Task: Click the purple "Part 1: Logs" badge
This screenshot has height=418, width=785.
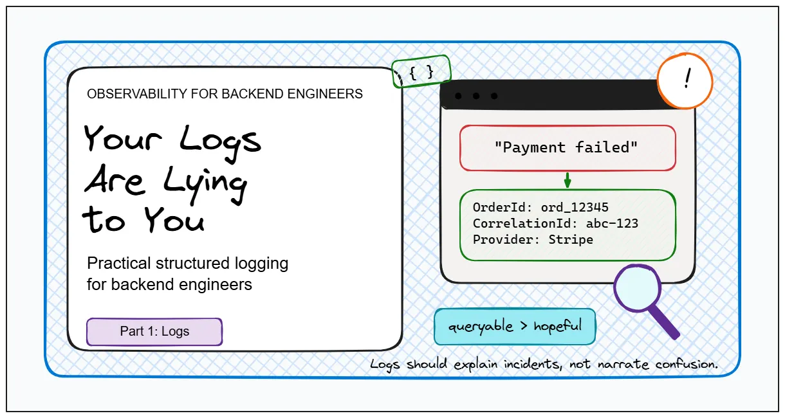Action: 154,331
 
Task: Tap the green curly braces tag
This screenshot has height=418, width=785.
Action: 421,71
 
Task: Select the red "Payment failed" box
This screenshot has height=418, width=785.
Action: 568,148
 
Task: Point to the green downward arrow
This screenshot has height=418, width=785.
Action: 568,180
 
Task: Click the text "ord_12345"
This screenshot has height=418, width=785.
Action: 575,208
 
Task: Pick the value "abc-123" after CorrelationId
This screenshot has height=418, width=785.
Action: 612,224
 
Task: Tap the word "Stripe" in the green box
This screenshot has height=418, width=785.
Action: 571,240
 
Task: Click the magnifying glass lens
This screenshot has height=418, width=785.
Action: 637,287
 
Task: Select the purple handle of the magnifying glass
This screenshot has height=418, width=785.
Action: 663,322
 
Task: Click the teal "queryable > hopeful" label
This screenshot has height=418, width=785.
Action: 515,327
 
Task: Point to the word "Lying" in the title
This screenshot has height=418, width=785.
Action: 205,184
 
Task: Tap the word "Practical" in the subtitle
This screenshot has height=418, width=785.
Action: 119,263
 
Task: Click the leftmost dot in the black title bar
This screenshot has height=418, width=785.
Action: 458,96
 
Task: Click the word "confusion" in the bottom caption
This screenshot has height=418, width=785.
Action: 686,364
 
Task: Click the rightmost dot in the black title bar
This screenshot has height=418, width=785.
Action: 494,96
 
